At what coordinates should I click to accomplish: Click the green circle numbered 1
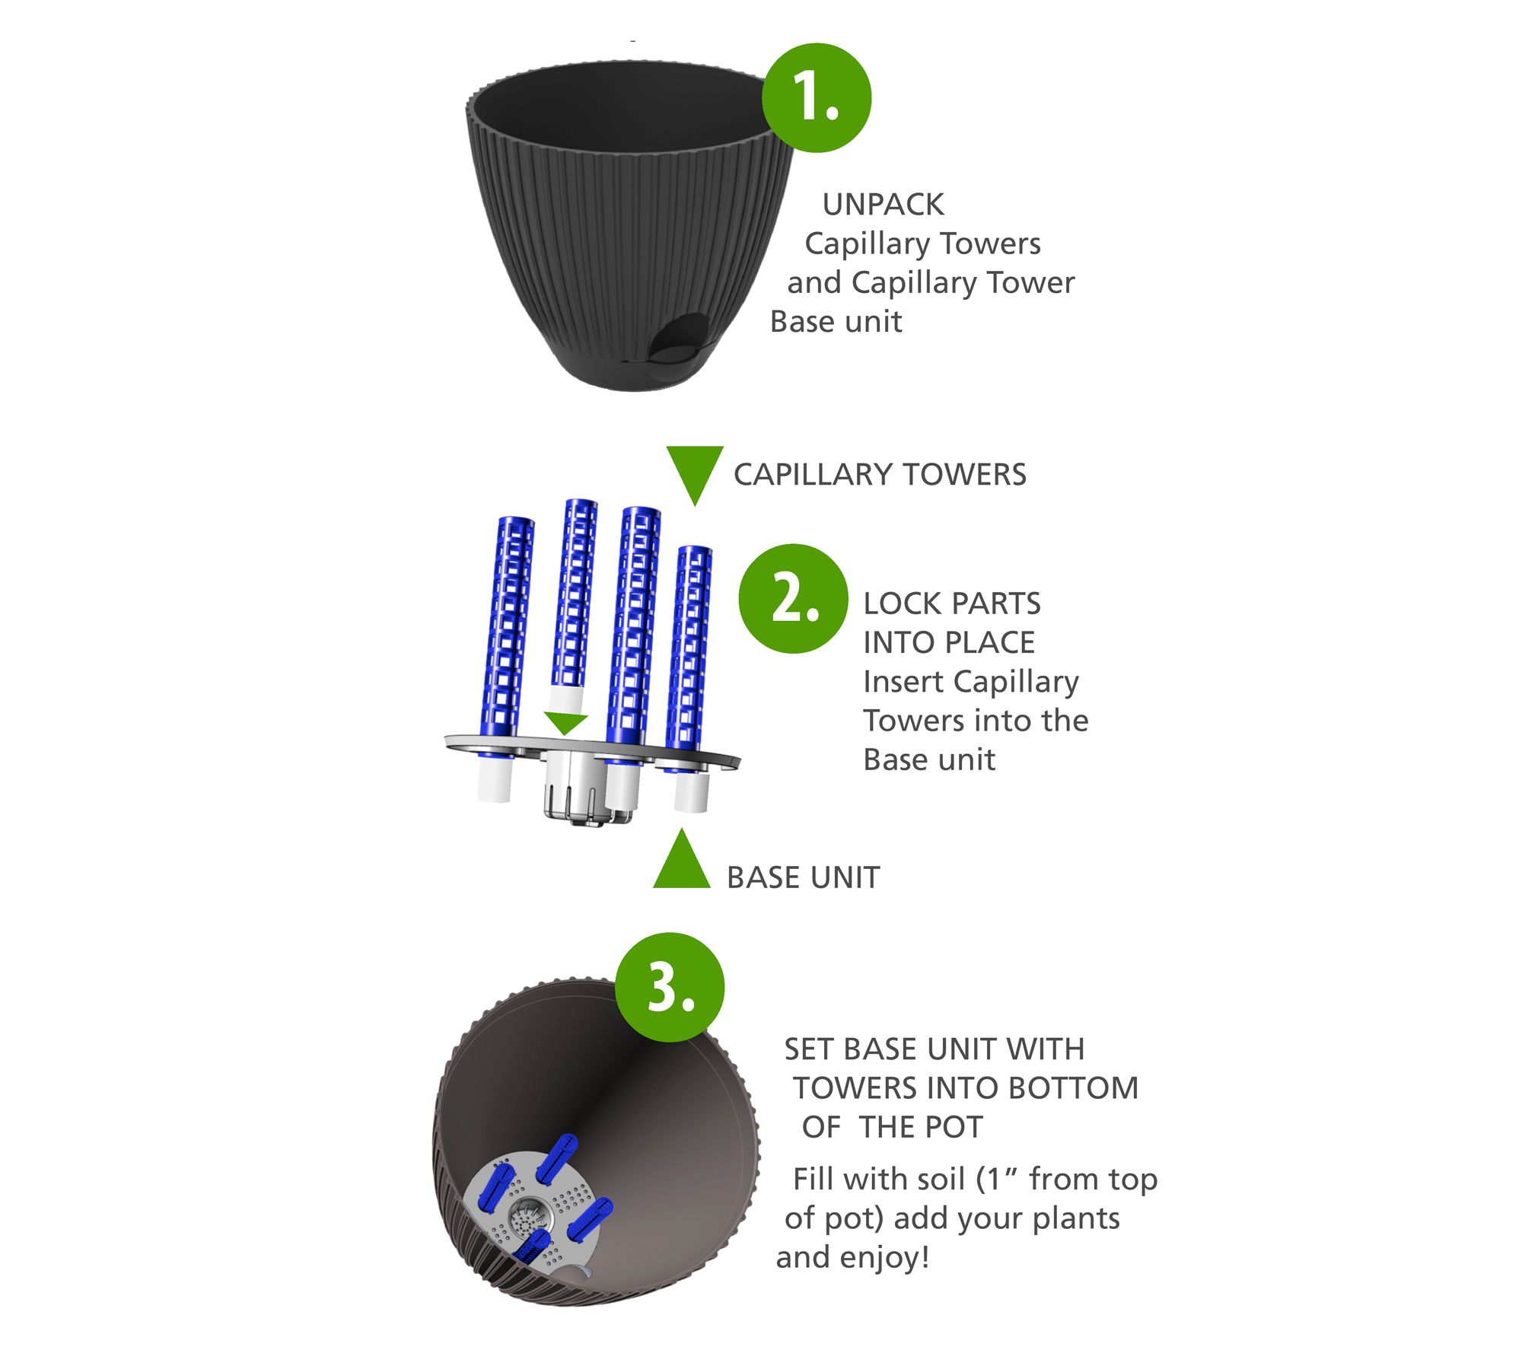coord(817,97)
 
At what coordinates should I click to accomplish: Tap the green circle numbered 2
coord(793,598)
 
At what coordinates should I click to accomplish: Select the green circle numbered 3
coord(670,987)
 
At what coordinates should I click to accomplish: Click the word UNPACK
coord(883,204)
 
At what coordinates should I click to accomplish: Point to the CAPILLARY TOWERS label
coord(880,474)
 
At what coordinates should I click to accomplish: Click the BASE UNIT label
coord(803,877)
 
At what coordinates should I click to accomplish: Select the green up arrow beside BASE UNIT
coord(682,858)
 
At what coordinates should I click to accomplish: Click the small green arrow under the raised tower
coord(565,724)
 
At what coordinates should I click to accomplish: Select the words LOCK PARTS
coord(951,603)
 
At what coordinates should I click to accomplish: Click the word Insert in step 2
coord(903,681)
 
